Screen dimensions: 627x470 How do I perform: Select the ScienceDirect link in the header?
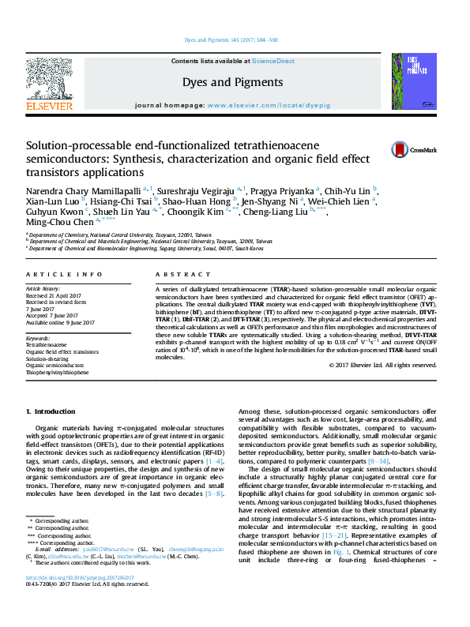273,61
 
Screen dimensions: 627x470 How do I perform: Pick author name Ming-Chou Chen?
60,223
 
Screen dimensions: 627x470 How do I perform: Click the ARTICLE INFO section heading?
64,274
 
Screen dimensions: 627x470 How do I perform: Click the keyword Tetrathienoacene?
47,345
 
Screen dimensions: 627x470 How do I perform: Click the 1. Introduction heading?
51,412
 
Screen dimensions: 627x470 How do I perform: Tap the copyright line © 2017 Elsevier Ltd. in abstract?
382,365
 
